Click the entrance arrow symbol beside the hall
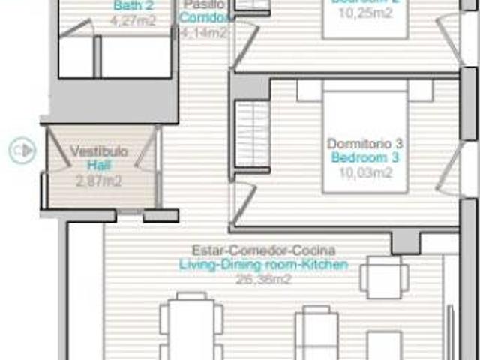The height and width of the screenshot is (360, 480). pyautogui.click(x=22, y=150)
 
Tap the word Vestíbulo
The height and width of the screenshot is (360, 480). pyautogui.click(x=99, y=151)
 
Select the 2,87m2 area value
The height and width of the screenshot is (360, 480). pyautogui.click(x=99, y=180)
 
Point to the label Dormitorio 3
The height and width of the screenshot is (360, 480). pyautogui.click(x=365, y=143)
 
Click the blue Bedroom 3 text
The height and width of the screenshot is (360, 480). pyautogui.click(x=365, y=158)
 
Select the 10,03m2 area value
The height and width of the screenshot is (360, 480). pyautogui.click(x=365, y=173)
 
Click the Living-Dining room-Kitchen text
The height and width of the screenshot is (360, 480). pyautogui.click(x=263, y=264)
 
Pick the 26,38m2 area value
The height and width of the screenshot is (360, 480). pyautogui.click(x=263, y=278)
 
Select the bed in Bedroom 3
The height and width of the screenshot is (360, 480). pyautogui.click(x=365, y=135)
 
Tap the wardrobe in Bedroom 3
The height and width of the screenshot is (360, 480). pyautogui.click(x=252, y=136)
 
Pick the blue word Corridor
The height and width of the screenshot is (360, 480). pyautogui.click(x=205, y=17)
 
